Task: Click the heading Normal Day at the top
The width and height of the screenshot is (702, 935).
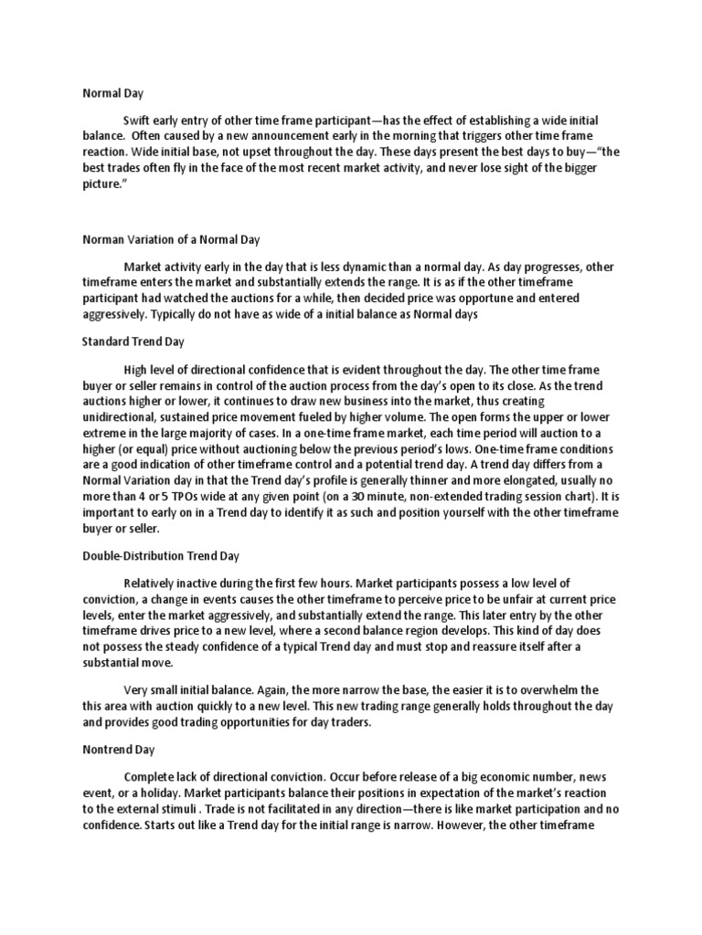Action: (112, 92)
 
